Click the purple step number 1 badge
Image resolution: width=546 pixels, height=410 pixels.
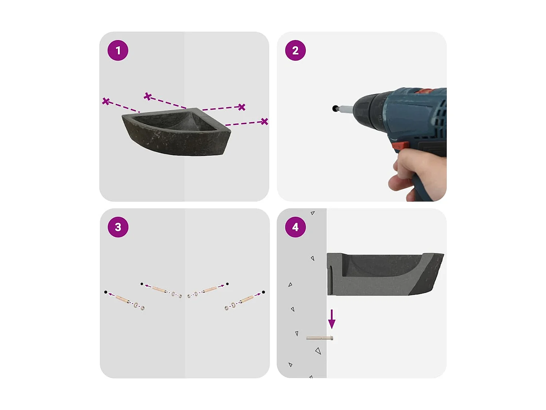point(118,50)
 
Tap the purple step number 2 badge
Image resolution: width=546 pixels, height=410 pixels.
point(295,50)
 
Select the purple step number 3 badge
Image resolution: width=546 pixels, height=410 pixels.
point(118,227)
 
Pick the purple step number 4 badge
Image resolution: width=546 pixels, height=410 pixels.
point(295,227)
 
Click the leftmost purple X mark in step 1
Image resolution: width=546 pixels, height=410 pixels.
point(106,101)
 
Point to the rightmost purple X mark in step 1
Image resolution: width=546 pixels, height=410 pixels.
point(265,121)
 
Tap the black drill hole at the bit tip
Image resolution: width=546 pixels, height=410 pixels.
point(335,108)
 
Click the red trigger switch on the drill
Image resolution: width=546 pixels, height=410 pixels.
point(401,145)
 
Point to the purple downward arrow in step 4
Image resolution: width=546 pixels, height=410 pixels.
point(332,319)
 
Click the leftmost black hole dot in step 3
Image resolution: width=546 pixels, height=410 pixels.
point(106,292)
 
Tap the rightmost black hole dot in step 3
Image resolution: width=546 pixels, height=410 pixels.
point(263,292)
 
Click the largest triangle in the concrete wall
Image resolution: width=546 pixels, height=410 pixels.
point(318,351)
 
